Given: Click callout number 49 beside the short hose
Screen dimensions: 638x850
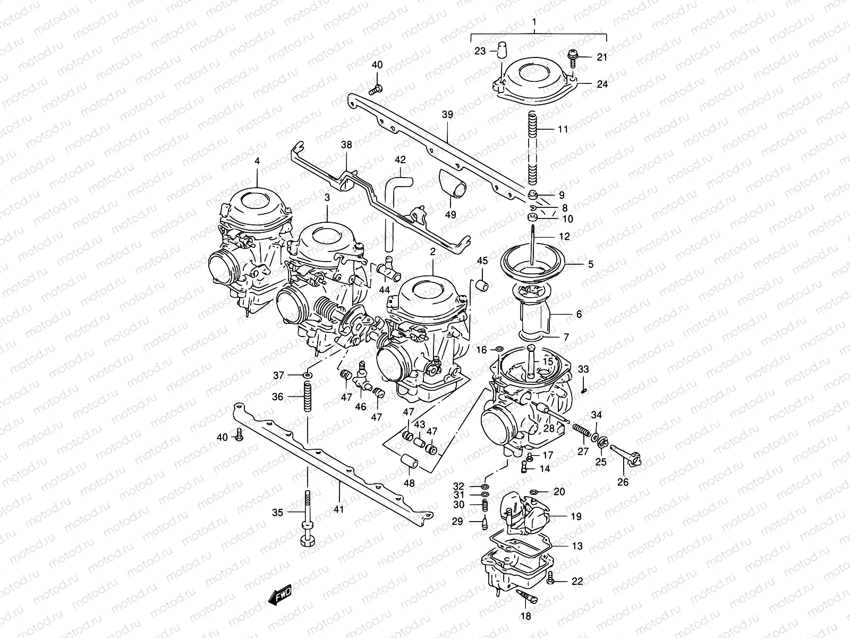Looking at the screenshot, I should (x=450, y=215).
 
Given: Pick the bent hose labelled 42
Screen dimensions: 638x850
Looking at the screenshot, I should (x=397, y=207).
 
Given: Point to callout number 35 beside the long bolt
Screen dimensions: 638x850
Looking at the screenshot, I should (x=278, y=513).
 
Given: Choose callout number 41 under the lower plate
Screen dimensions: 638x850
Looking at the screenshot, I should (x=339, y=509).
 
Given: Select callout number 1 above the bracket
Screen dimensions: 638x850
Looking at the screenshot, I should (x=535, y=23).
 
